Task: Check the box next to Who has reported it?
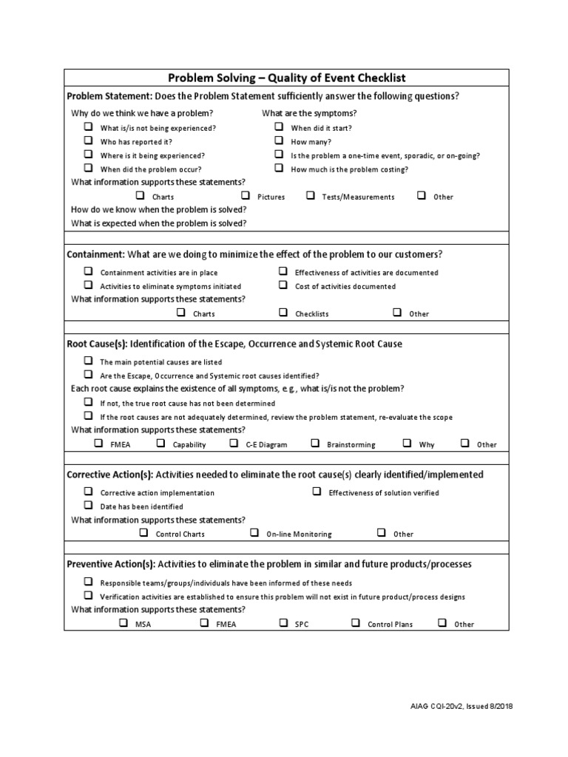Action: [x=88, y=140]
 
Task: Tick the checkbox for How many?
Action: [x=279, y=140]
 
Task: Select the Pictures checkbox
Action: [x=246, y=196]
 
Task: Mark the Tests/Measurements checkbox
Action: [x=311, y=196]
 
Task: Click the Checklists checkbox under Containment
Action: [x=283, y=313]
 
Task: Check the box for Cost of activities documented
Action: [x=283, y=285]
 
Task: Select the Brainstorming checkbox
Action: [x=315, y=444]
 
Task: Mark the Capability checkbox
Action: [x=160, y=444]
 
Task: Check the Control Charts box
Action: [x=143, y=532]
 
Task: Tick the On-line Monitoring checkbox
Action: [x=254, y=532]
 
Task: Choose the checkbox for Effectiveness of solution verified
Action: [x=317, y=492]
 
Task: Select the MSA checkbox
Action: [x=124, y=623]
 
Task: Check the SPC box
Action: [x=283, y=623]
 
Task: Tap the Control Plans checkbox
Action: [x=356, y=623]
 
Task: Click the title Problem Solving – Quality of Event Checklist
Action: [x=286, y=78]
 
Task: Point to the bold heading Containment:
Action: [x=96, y=254]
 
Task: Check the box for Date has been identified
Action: [x=88, y=506]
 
